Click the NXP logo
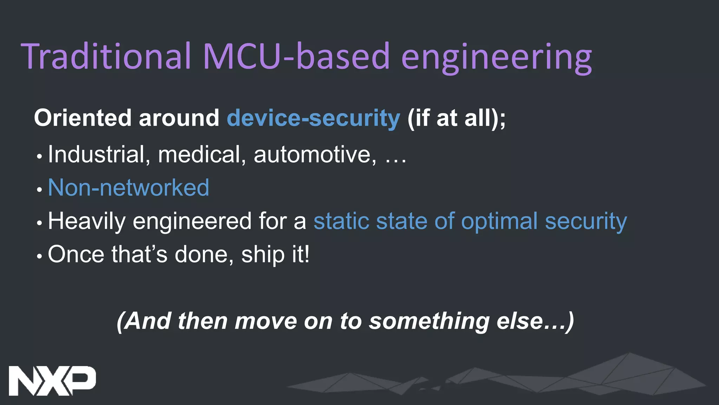(52, 380)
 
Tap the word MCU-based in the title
(296, 56)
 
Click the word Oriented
(83, 118)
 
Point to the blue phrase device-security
(313, 118)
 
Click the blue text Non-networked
(128, 187)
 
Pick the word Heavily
(86, 221)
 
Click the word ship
(263, 255)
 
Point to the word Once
(76, 254)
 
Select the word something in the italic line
(429, 321)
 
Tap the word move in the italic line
(266, 321)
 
